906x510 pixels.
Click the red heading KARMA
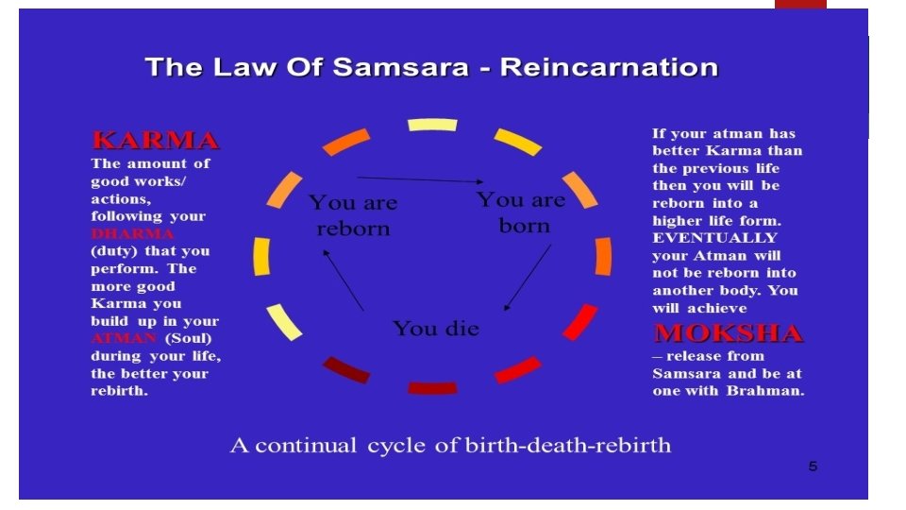[x=156, y=142]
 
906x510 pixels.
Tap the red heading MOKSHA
[x=728, y=333]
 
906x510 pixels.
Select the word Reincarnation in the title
[x=609, y=68]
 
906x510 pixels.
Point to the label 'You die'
[x=436, y=329]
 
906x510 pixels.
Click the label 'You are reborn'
[x=353, y=215]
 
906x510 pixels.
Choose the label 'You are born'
[x=521, y=212]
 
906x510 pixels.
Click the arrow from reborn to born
[x=420, y=179]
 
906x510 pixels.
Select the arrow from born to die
[x=528, y=277]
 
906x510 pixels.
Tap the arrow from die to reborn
[x=343, y=280]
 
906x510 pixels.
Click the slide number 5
[x=813, y=467]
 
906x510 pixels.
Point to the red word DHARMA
[x=132, y=233]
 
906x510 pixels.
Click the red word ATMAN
[x=124, y=338]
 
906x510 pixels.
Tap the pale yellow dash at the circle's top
[x=432, y=125]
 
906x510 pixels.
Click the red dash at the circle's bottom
[x=432, y=387]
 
